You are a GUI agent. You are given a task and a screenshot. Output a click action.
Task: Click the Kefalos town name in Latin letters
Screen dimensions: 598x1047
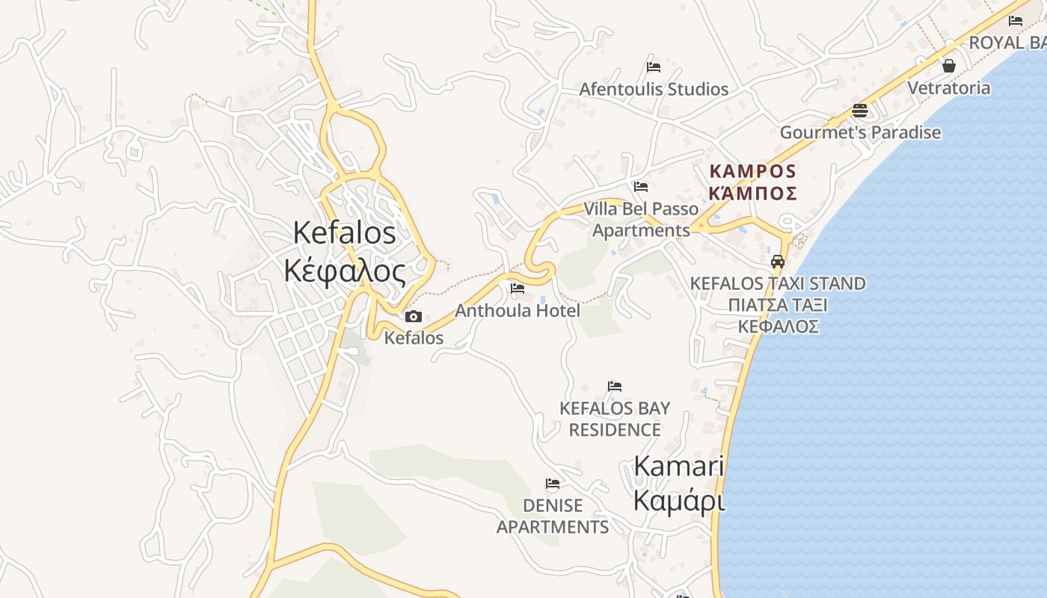coord(344,232)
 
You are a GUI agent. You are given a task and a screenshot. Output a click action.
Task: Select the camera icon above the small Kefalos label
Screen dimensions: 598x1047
coord(413,317)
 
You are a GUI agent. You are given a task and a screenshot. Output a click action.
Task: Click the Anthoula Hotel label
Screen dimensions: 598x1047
coord(518,310)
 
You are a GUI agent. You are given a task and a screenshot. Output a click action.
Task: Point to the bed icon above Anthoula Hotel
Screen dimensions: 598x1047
coord(517,289)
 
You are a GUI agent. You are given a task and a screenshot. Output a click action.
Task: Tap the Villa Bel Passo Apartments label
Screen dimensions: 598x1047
coord(641,219)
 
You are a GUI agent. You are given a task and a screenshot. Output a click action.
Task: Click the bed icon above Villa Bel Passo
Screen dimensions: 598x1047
coord(641,187)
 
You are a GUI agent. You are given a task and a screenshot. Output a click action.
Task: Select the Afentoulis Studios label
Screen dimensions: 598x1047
coord(654,89)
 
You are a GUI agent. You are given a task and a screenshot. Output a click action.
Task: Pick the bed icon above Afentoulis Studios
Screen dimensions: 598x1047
coord(654,67)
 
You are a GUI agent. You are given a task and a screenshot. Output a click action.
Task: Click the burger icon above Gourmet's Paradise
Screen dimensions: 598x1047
coord(860,111)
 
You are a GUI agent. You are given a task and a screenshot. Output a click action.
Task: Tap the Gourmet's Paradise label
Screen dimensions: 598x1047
coord(860,132)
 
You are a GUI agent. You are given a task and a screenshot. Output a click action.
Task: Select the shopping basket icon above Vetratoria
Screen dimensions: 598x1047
coord(949,66)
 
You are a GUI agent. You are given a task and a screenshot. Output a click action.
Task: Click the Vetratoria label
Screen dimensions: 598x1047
coord(948,87)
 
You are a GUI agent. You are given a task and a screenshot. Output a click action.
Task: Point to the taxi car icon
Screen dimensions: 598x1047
coord(778,262)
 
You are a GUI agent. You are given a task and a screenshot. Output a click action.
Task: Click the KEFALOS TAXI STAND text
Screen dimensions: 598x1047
coord(778,284)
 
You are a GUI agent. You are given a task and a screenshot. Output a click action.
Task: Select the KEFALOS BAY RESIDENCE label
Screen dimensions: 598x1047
coord(615,419)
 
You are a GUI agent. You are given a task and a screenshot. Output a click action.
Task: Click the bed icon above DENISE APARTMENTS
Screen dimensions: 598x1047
coord(553,484)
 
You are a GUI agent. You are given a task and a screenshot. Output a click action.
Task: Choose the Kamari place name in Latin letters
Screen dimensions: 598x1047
coord(678,466)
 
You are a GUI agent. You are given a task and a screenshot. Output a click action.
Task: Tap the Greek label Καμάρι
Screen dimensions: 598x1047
coord(679,501)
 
